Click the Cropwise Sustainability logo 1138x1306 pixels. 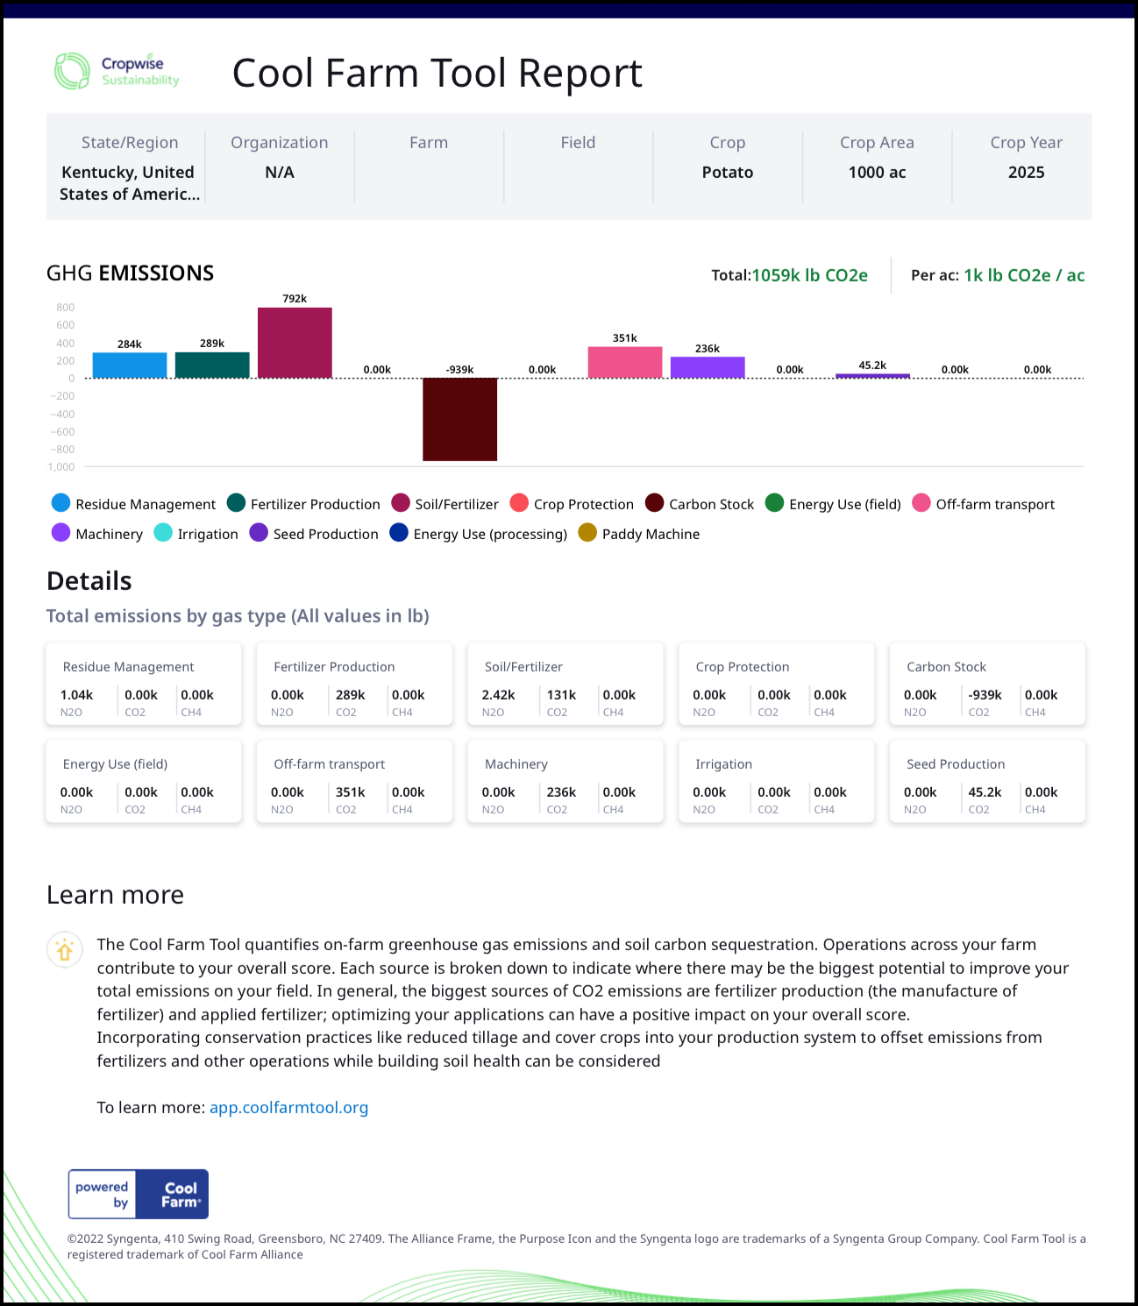(117, 71)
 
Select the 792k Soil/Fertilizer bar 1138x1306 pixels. (295, 343)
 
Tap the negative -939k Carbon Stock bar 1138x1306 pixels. (459, 419)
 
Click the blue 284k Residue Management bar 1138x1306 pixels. (130, 366)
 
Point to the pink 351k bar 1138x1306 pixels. (624, 363)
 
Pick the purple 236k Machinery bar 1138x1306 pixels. (708, 367)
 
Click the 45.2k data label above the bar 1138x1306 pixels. (872, 366)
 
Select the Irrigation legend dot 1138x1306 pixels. (163, 533)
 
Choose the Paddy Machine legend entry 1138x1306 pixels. (639, 534)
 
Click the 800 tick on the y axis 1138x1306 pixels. (66, 308)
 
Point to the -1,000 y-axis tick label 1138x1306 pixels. (61, 467)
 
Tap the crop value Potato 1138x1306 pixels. (728, 173)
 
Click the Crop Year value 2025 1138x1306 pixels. (1026, 173)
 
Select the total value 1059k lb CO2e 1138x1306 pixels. (809, 275)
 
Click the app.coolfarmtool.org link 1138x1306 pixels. (288, 1108)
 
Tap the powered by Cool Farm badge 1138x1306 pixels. (139, 1194)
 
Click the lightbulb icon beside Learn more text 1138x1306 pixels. (65, 950)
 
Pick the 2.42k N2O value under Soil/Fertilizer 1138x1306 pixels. (498, 695)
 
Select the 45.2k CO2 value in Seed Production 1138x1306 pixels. (985, 792)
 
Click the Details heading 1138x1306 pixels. (89, 581)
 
